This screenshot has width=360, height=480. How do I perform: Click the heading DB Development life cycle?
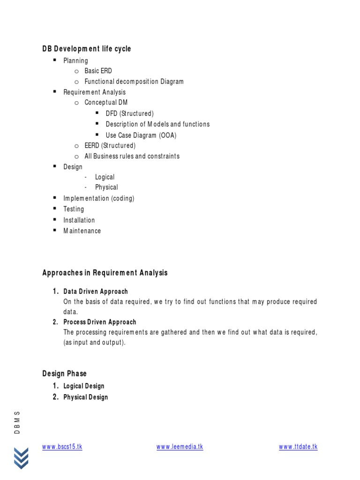click(87, 49)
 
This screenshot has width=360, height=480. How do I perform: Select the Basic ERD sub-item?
click(98, 71)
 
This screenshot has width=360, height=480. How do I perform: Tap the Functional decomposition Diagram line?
click(134, 82)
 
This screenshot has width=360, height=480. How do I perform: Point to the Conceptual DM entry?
click(106, 102)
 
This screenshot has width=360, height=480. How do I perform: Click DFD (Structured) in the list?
click(129, 113)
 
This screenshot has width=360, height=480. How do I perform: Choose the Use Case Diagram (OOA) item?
click(141, 135)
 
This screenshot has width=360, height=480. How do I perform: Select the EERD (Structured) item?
click(110, 145)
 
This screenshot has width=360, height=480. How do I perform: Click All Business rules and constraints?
click(132, 156)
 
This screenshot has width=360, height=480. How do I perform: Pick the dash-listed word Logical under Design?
click(105, 177)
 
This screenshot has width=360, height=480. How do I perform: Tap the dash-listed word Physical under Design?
click(106, 187)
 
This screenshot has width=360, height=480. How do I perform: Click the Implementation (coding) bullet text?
click(99, 198)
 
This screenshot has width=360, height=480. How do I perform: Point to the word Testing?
click(74, 209)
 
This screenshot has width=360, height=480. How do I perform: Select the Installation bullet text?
click(79, 220)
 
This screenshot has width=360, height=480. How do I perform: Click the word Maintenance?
click(82, 231)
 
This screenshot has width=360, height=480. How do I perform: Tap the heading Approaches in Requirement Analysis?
click(105, 273)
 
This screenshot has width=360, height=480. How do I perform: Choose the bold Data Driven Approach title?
click(96, 292)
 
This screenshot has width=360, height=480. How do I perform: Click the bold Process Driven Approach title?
click(100, 322)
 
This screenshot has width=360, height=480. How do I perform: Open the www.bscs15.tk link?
click(62, 447)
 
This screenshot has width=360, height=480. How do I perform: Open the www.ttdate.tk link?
click(298, 447)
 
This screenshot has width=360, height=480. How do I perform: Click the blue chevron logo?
click(21, 458)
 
